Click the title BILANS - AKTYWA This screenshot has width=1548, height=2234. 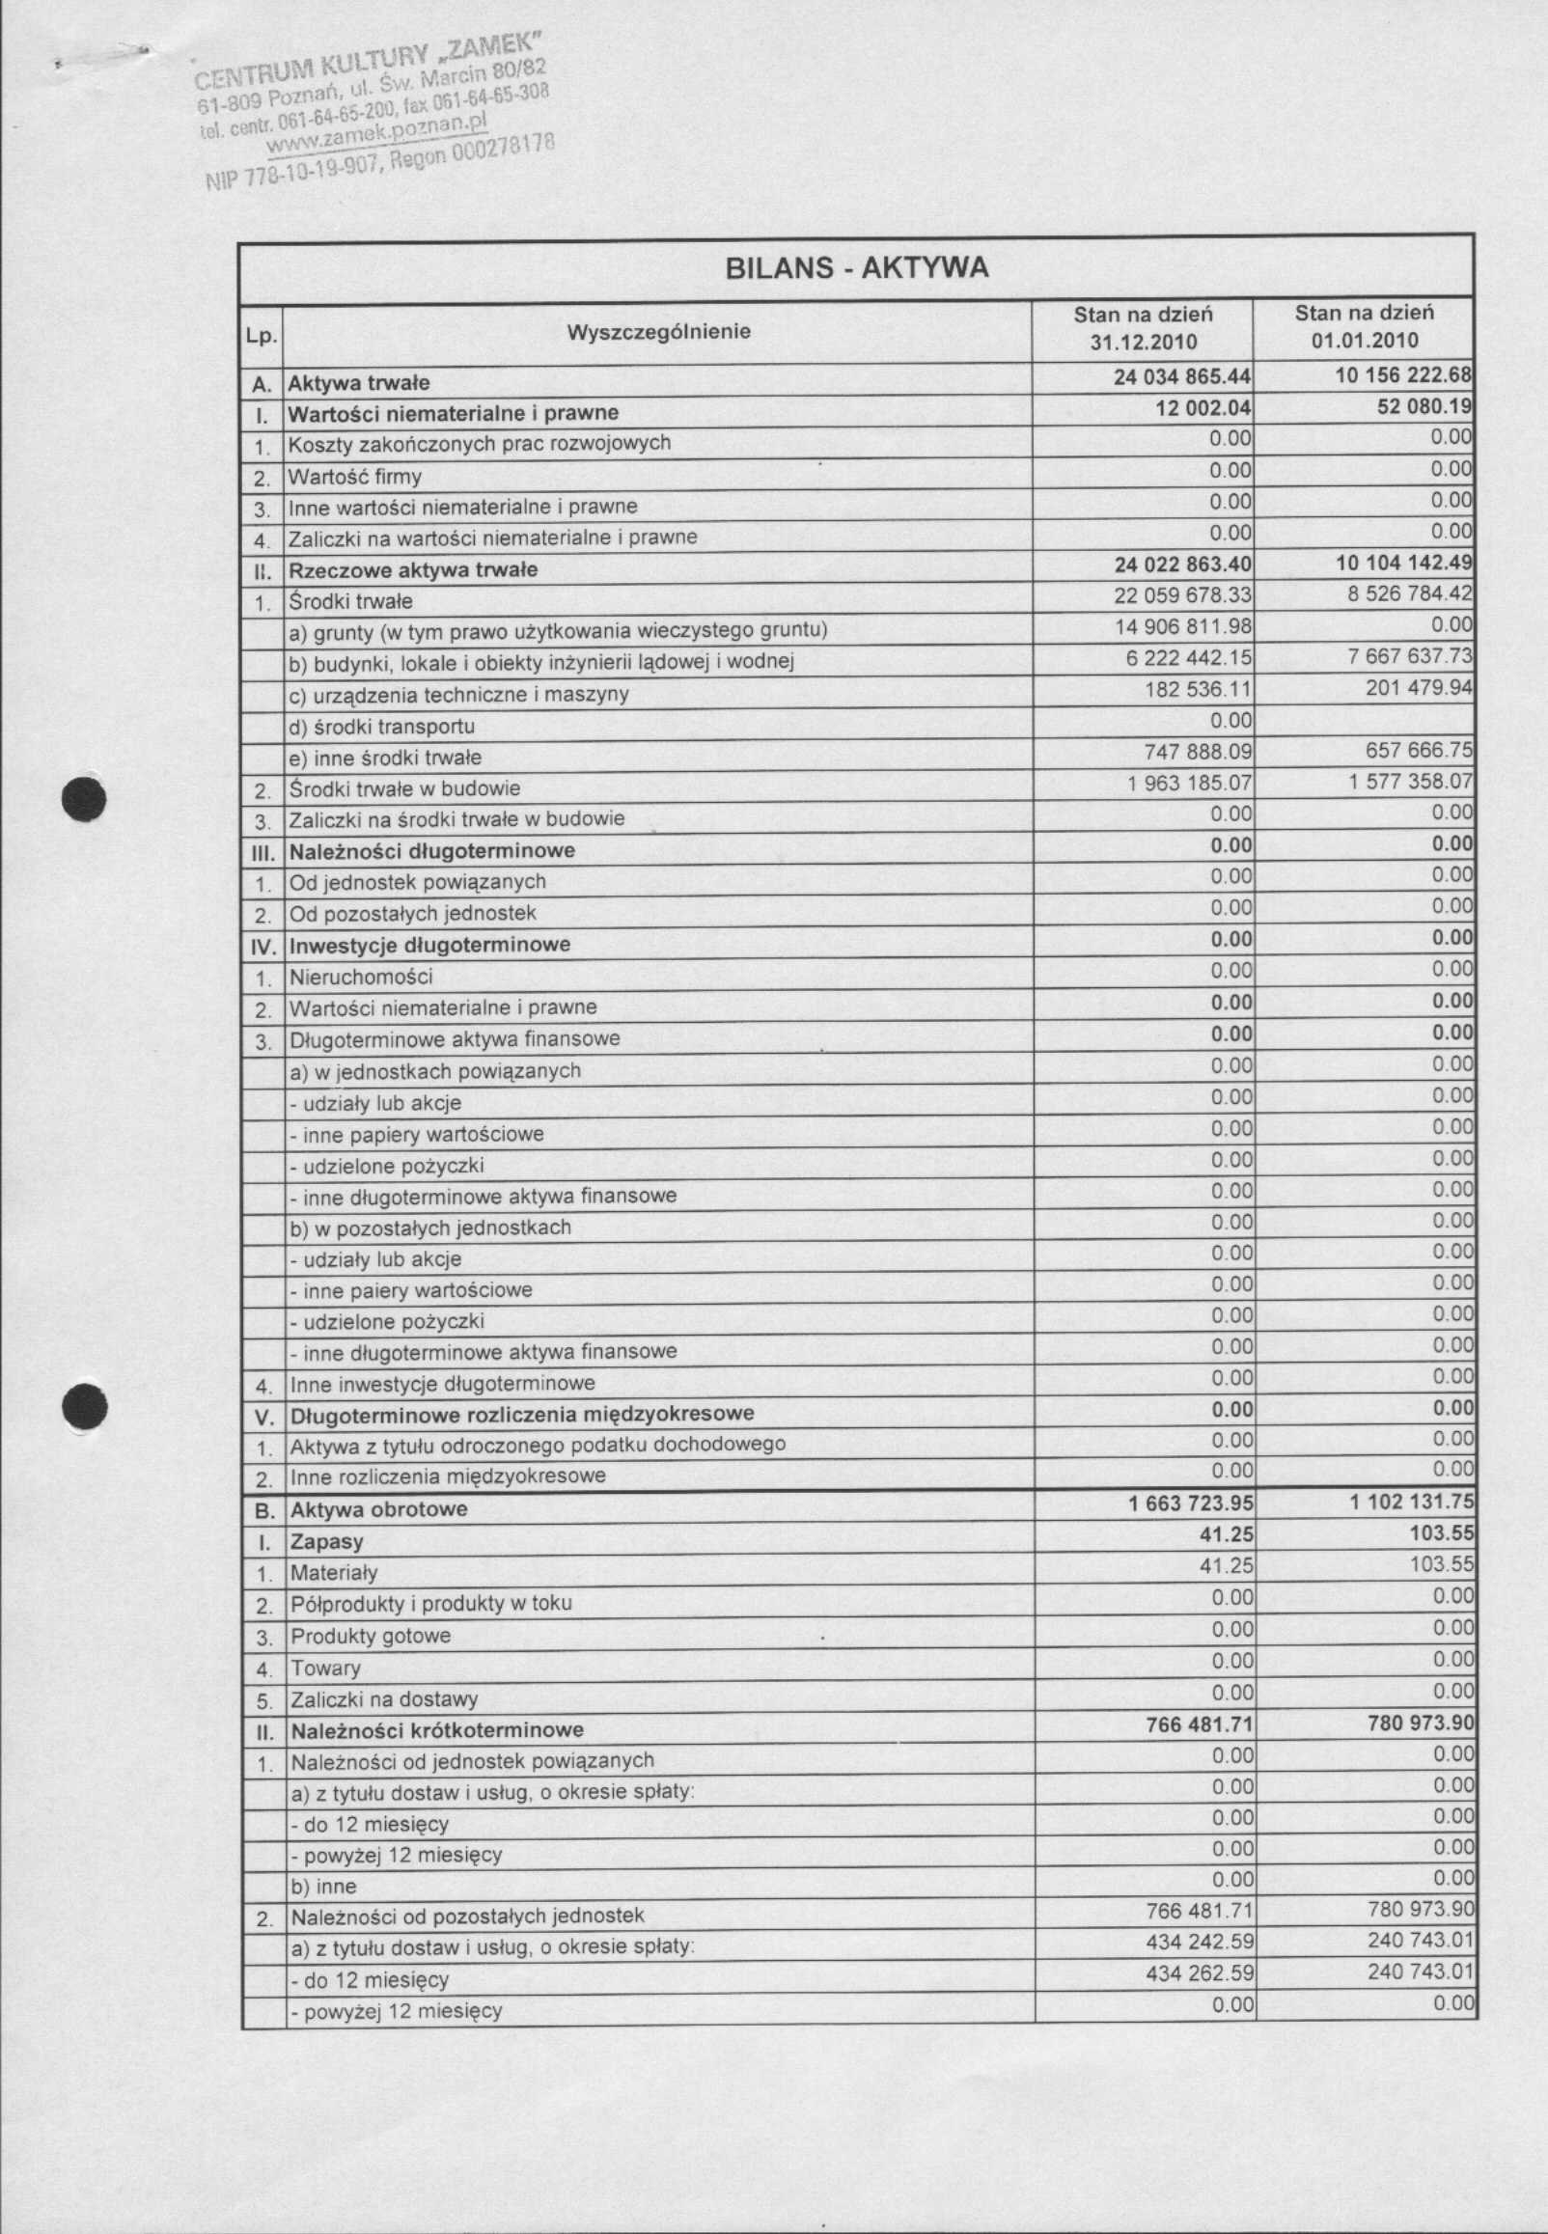tap(856, 267)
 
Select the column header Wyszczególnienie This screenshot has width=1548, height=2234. tap(658, 332)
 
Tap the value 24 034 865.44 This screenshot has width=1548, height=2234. tap(1181, 377)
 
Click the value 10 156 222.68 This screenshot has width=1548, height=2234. tap(1402, 375)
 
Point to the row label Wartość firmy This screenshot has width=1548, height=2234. tap(355, 477)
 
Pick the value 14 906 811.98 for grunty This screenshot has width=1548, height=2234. tap(1183, 626)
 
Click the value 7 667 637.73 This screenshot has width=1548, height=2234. tap(1410, 656)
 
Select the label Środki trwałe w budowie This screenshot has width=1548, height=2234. tap(404, 788)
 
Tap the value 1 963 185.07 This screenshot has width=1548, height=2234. tap(1190, 782)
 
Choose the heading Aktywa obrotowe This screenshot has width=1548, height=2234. tap(378, 1509)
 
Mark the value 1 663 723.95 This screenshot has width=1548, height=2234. tap(1190, 1503)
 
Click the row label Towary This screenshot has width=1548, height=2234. tap(326, 1669)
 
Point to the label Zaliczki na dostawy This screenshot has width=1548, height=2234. tap(384, 1699)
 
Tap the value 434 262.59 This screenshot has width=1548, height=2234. tap(1200, 1973)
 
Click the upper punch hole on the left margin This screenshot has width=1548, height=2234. tap(83, 799)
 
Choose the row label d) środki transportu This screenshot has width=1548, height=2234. tap(382, 727)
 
